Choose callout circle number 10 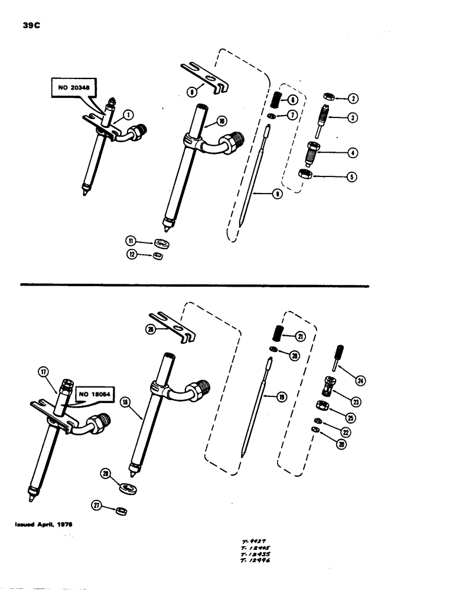(x=222, y=122)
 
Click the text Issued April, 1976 (x=44, y=523)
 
